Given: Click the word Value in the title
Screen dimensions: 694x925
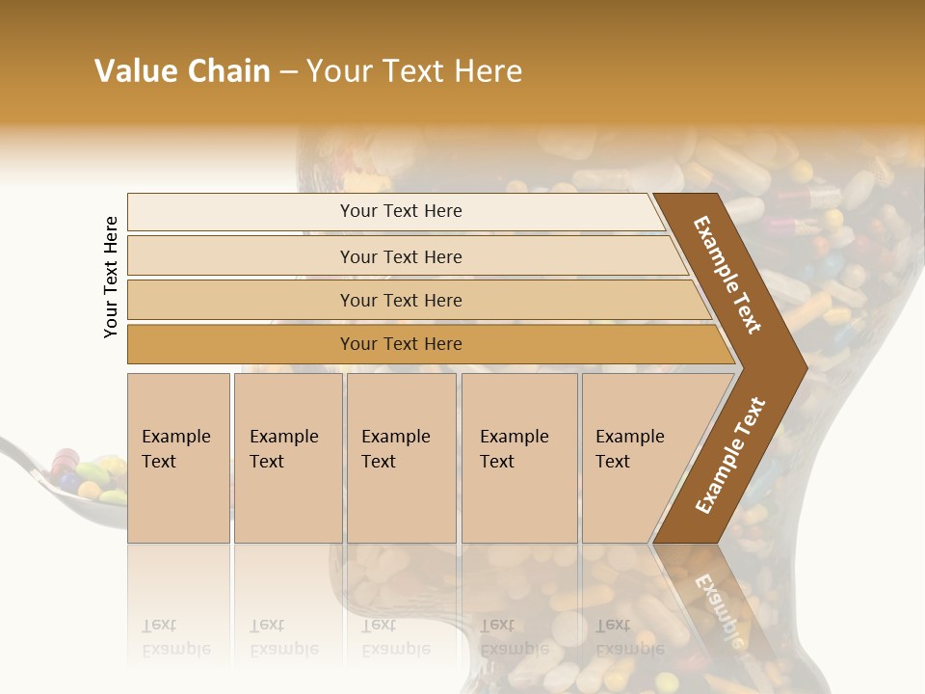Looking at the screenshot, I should tap(135, 71).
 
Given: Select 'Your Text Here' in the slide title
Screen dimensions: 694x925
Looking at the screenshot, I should tap(414, 71).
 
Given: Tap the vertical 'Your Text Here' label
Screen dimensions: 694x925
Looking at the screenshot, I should tap(111, 277).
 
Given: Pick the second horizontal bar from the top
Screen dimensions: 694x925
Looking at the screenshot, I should tap(401, 256).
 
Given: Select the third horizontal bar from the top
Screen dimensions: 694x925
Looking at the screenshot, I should tap(401, 300).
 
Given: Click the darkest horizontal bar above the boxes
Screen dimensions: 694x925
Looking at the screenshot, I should tap(401, 344).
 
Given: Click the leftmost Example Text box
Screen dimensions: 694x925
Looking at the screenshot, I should tap(178, 457).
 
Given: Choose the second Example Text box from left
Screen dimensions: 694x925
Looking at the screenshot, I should tap(287, 457).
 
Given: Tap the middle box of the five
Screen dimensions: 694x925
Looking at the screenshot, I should tap(401, 457).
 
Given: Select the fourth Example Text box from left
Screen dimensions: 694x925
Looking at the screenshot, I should tap(518, 457).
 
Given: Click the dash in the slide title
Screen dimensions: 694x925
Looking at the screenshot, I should tap(288, 71).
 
